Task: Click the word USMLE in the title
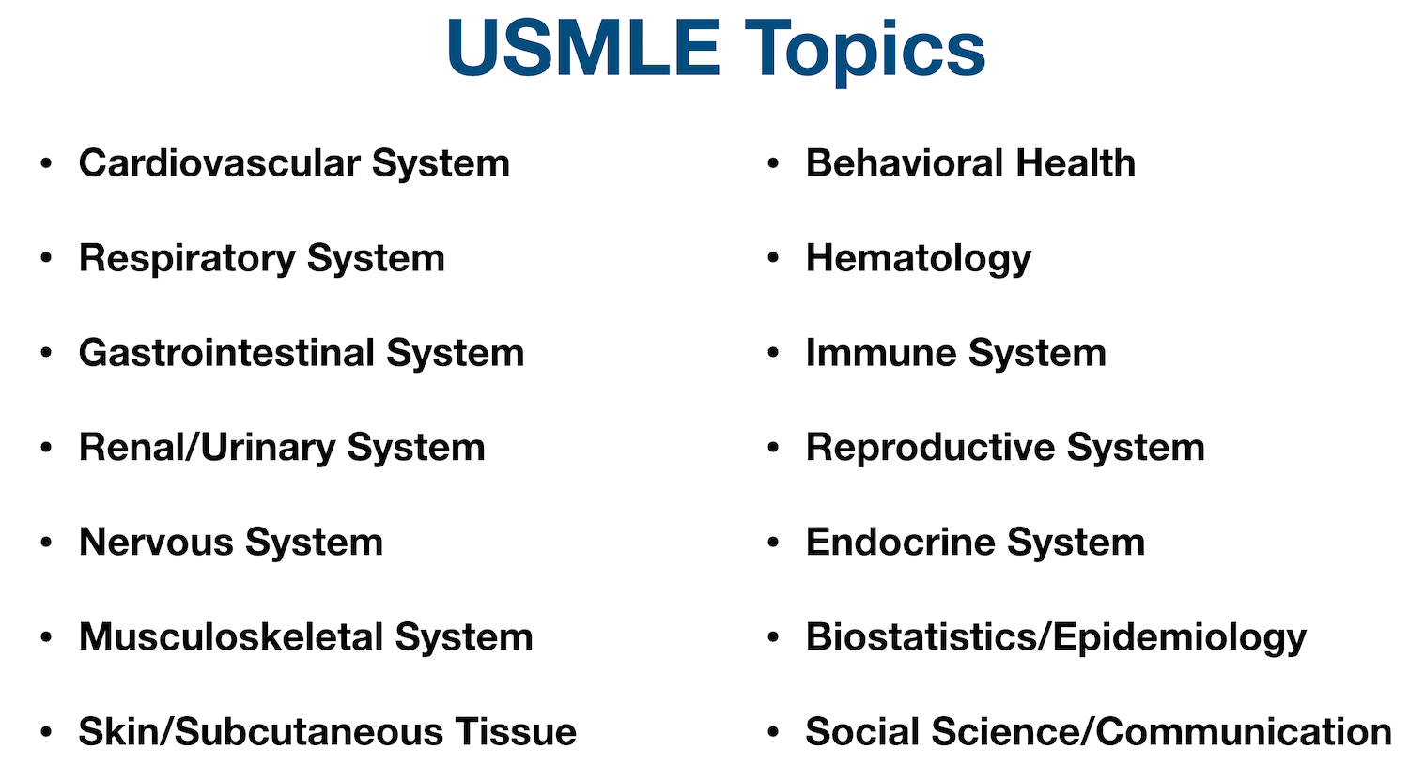(x=583, y=49)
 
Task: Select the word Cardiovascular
(x=219, y=163)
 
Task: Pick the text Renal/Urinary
(x=206, y=448)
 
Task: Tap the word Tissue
(x=516, y=732)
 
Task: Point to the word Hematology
(x=918, y=259)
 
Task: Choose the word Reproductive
(x=929, y=448)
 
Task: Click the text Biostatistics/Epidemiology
(x=1056, y=637)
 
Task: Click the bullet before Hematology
(x=773, y=257)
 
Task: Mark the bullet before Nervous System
(x=46, y=542)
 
